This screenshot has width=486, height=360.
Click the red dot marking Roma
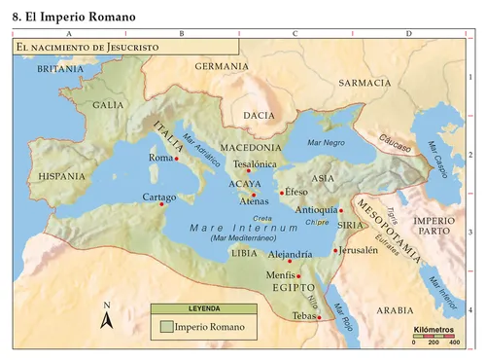coord(177,159)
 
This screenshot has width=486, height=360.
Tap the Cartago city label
coord(158,197)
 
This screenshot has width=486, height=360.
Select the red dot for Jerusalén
coord(335,250)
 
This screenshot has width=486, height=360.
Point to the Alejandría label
coord(290,254)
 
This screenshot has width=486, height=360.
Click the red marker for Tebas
coord(319,317)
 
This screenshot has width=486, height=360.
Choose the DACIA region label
coord(260,115)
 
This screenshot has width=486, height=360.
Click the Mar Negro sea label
coord(326,143)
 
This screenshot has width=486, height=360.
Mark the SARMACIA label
coord(364,83)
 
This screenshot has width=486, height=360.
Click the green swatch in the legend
coord(167,327)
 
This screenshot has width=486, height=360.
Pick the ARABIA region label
coord(395,310)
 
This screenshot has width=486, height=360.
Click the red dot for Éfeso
coord(282,193)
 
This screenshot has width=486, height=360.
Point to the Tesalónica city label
coord(256,164)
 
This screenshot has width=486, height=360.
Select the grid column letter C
coord(294,33)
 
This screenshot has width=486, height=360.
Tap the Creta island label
coord(261,218)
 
